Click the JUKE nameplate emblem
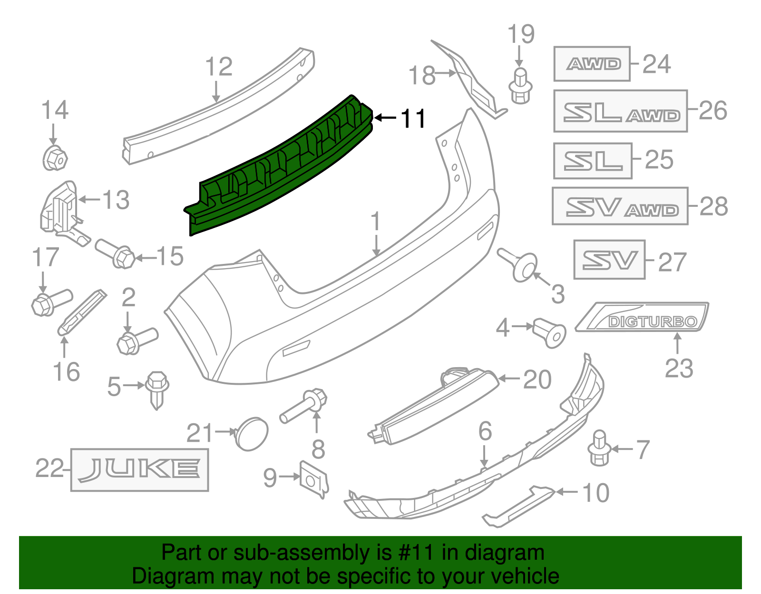(139, 469)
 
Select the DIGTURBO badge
(652, 321)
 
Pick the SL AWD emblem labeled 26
(620, 111)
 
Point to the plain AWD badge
(592, 64)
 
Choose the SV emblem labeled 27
(609, 260)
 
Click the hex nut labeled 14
(55, 158)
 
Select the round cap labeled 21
(252, 433)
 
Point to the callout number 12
(219, 67)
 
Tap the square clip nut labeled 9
(314, 478)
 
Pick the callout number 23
(679, 369)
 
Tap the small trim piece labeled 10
(518, 507)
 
